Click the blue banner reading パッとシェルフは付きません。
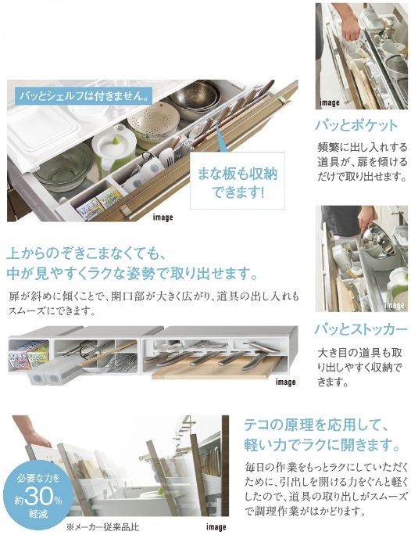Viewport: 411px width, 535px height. [x=83, y=96]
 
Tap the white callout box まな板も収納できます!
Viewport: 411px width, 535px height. [x=238, y=181]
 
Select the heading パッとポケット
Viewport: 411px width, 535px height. [x=356, y=125]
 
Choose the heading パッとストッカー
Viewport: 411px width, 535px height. [x=361, y=329]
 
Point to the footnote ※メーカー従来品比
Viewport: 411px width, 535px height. [x=102, y=527]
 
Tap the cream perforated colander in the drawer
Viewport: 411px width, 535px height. [x=153, y=121]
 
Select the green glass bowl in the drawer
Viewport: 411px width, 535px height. [x=65, y=166]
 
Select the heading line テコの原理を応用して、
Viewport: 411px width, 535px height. [x=316, y=425]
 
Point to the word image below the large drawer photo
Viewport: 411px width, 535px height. [x=163, y=217]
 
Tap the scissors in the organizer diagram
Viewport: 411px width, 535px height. [x=86, y=350]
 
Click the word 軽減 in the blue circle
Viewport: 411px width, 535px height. [x=38, y=513]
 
